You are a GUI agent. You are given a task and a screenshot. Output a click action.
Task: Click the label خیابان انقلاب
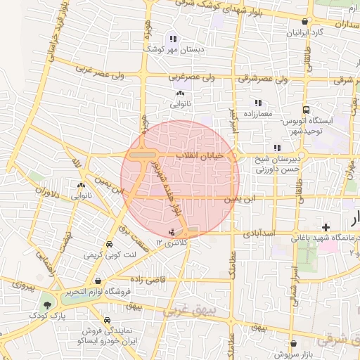click(205, 155)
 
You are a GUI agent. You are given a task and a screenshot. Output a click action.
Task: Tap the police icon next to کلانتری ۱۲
click(172, 232)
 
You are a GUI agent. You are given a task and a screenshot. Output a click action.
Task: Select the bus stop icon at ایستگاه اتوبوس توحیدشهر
click(306, 110)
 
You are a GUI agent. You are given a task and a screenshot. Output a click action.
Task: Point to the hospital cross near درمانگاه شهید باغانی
click(326, 227)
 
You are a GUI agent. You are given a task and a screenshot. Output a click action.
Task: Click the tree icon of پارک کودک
click(47, 304)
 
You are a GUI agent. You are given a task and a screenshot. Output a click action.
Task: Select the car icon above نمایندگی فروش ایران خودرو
click(106, 320)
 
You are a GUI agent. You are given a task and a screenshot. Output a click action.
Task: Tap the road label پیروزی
click(22, 287)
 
